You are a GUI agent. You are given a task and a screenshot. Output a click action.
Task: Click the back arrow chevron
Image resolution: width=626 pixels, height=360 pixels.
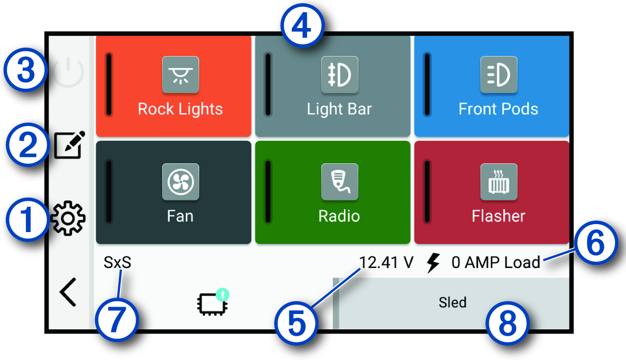pos(68,292)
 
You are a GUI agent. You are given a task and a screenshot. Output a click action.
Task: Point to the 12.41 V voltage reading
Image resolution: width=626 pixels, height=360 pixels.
pos(386,262)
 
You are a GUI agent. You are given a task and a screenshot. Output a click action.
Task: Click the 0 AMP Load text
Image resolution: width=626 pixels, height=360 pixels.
pos(496,262)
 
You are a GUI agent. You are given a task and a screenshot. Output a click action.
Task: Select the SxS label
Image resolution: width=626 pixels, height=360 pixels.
pos(117,262)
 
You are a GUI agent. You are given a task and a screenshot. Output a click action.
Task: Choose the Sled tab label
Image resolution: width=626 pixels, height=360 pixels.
pos(453,302)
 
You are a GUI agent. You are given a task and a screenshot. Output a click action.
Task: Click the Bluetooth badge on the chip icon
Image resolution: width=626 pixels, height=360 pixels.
pos(223,294)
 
